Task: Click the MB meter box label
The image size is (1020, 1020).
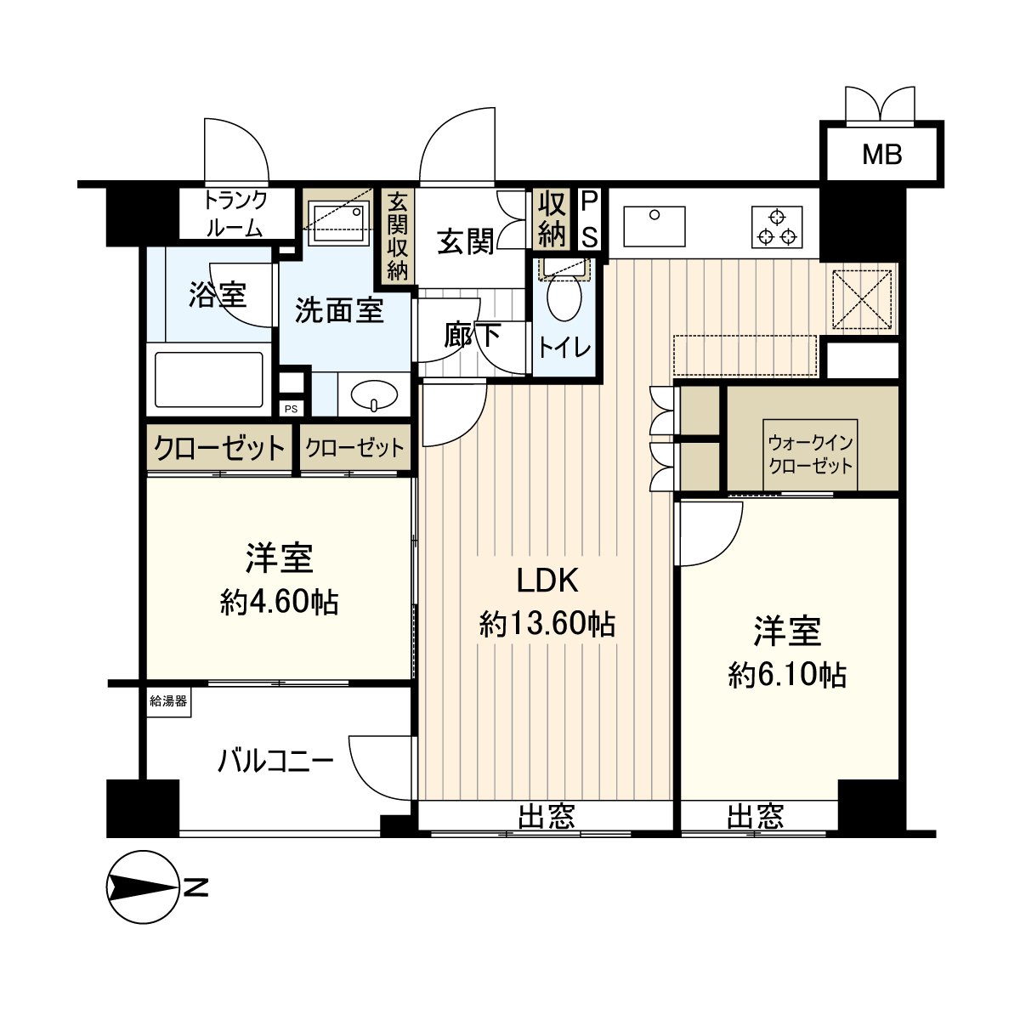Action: coord(881,155)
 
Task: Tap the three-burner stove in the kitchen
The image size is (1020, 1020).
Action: coord(777,227)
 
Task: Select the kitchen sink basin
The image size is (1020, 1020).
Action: coord(654,227)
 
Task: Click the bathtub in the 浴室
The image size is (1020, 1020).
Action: coord(208,379)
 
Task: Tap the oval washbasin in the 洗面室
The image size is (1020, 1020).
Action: coord(375,395)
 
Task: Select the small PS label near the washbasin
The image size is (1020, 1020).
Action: coord(292,409)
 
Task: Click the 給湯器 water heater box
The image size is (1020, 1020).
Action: coord(168,702)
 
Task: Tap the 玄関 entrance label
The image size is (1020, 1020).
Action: coord(465,241)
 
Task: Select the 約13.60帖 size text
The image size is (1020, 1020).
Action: coord(548,624)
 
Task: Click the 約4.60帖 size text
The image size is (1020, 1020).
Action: coord(279,602)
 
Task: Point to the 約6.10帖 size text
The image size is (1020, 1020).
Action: coord(787,675)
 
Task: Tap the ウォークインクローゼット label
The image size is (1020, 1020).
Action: coord(810,455)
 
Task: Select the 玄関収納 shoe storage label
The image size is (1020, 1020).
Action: coord(397,236)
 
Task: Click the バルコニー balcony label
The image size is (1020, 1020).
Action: coord(275,762)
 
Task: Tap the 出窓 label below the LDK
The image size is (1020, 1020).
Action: coord(547,816)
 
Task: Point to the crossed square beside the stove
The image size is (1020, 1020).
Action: coord(862,299)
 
